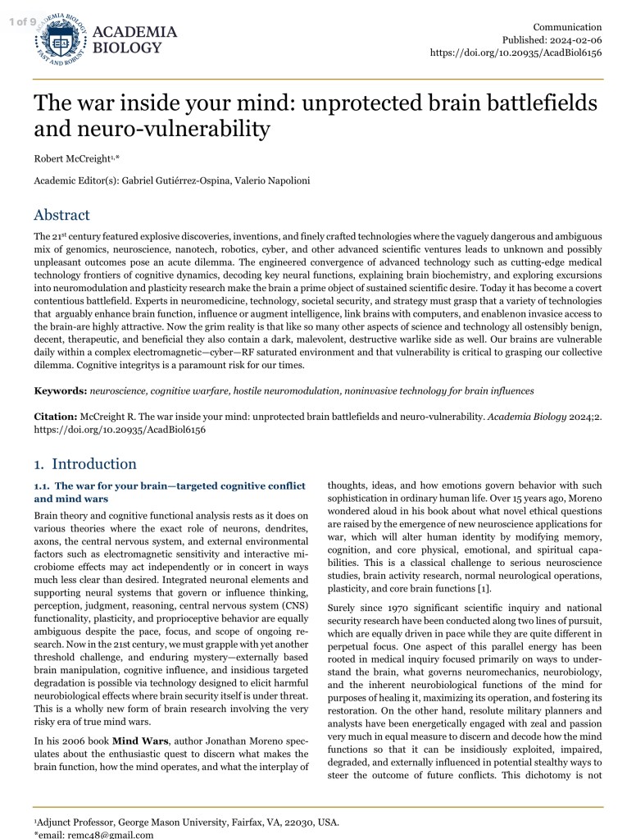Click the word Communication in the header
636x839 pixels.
click(567, 27)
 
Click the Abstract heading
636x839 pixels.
click(61, 216)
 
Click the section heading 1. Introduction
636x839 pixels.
click(85, 463)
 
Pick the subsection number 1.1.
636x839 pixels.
click(42, 486)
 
